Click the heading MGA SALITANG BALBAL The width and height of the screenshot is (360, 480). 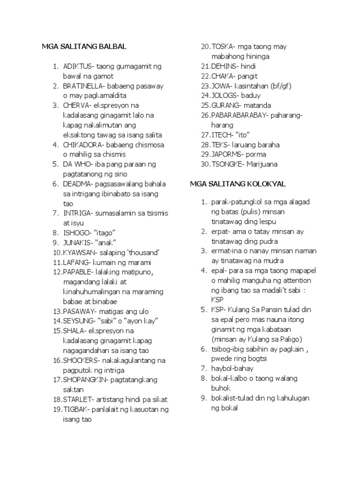pos(84,47)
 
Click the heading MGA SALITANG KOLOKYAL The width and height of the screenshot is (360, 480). pos(238,184)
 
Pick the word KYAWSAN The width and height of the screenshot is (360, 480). pos(79,252)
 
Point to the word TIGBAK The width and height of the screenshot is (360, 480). pos(75,409)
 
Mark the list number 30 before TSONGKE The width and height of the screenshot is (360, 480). pos(205,164)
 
